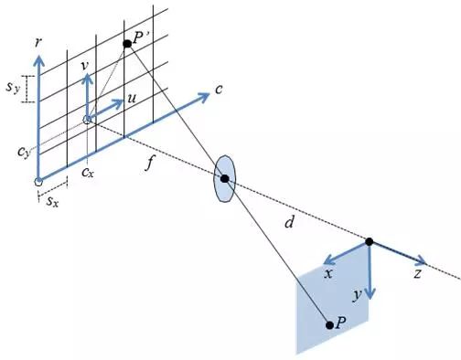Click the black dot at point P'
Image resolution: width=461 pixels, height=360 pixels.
point(127,44)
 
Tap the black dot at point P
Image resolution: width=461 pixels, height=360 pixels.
point(329,325)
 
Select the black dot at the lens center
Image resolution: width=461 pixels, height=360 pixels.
point(225,179)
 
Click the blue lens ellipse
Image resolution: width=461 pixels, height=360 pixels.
point(224,179)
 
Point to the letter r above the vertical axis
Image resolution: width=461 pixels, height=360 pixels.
point(38,43)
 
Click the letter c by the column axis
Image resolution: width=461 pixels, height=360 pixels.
point(219,90)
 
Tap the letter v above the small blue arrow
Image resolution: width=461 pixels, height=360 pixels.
point(85,66)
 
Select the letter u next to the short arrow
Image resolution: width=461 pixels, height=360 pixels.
point(131,98)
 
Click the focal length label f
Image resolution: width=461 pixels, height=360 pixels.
point(149,163)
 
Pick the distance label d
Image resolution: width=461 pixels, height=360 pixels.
point(289,222)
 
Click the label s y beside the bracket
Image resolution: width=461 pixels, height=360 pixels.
point(13,88)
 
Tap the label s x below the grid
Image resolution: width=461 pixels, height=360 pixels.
point(52,201)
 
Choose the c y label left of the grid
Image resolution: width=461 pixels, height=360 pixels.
point(24,152)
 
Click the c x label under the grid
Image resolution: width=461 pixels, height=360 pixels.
point(88,173)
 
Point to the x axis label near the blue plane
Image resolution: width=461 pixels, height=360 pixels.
point(328,274)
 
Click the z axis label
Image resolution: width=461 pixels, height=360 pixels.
point(417,274)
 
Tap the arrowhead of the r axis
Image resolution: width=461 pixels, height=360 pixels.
point(38,60)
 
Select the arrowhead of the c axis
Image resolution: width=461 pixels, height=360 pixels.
point(203,97)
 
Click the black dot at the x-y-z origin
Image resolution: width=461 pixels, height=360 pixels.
point(370,242)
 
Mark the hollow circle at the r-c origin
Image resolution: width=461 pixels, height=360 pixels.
point(38,182)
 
